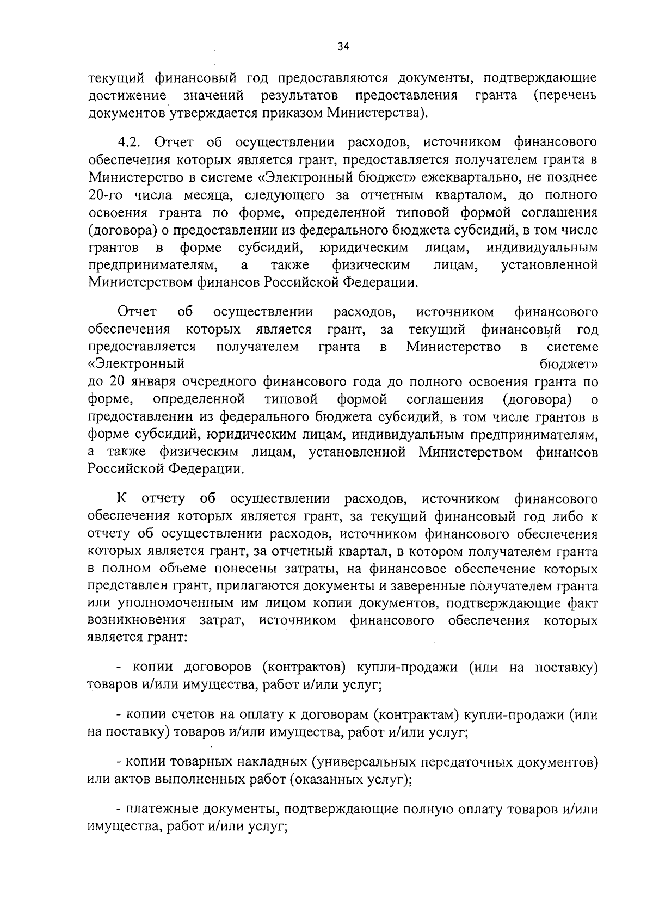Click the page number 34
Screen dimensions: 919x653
(343, 47)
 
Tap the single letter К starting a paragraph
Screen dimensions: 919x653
(122, 499)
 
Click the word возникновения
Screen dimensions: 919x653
(136, 621)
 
